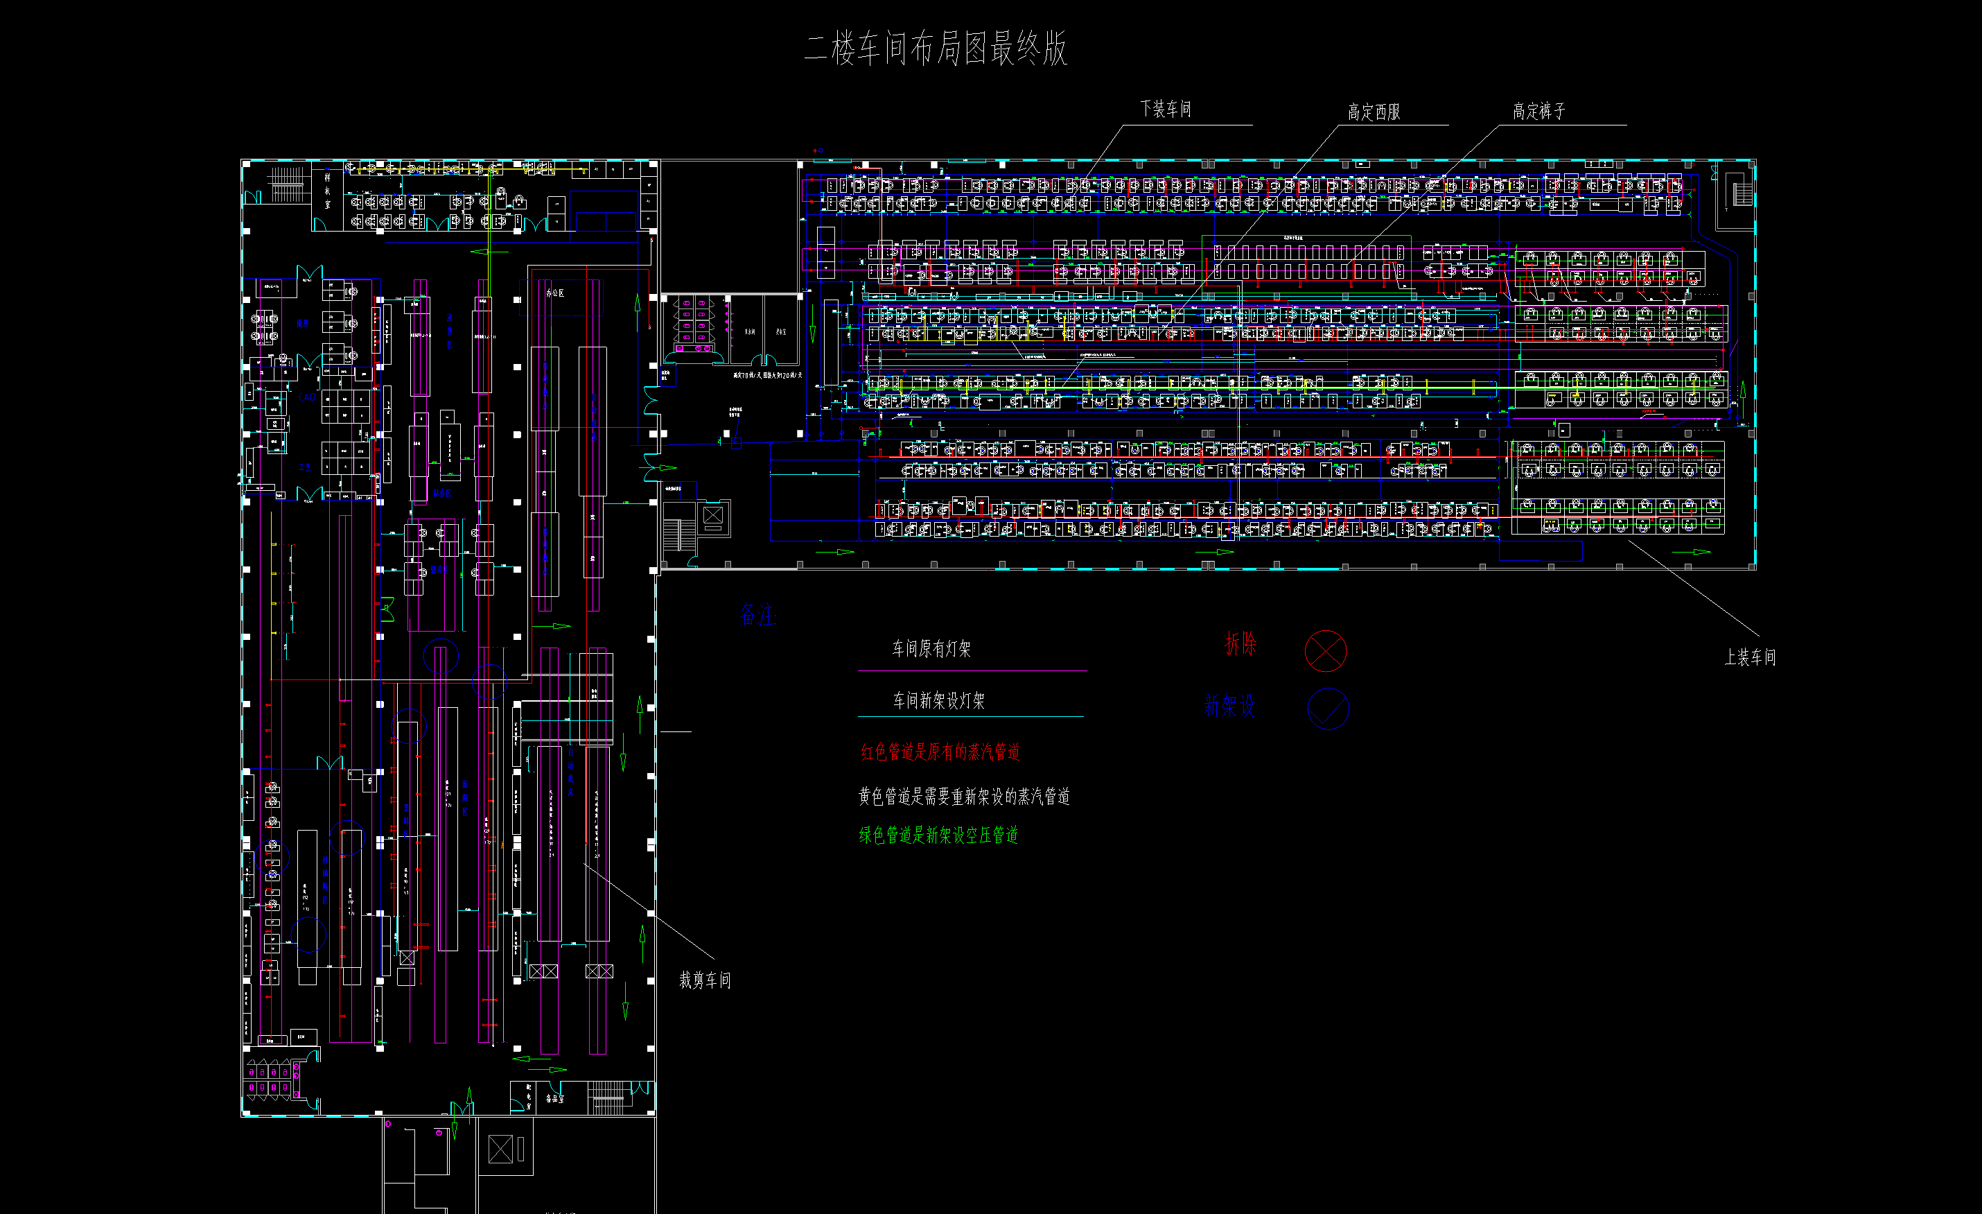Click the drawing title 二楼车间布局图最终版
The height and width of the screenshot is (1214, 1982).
coord(936,49)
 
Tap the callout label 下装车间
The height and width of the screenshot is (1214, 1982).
coord(1166,109)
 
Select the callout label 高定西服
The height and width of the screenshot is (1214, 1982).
coord(1374,112)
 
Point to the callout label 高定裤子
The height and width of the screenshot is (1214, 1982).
coord(1538,111)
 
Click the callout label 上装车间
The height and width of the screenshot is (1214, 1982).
coord(1750,657)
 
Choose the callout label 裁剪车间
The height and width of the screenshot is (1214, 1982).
coord(705,980)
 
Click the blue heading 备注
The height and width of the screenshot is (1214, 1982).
coord(757,616)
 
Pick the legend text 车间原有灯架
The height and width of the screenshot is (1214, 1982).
coord(931,648)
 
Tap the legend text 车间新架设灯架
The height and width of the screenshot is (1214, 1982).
coord(939,701)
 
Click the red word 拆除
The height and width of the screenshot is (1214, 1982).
coord(1240,643)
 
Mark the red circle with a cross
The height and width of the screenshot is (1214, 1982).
coord(1325,651)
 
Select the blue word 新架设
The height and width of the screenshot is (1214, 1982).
coord(1229,706)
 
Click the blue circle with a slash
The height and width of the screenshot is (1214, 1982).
coord(1328,709)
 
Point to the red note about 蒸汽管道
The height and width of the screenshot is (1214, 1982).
coord(940,752)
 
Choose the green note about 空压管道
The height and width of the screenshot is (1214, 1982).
coord(938,835)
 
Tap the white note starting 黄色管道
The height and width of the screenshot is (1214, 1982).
coord(964,797)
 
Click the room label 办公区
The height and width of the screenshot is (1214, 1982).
coord(555,293)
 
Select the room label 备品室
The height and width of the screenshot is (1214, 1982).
coord(555,1098)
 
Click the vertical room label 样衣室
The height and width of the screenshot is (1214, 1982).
coord(327,191)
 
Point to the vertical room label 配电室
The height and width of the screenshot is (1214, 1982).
coord(529,1097)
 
